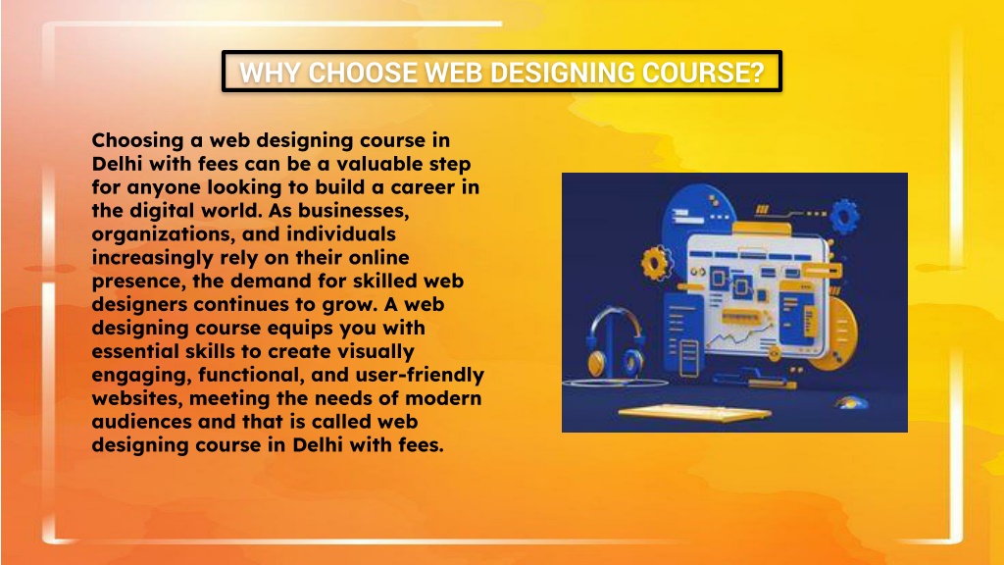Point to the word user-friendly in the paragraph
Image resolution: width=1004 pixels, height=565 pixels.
(x=424, y=375)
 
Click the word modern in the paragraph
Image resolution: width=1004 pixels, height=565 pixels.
(x=448, y=398)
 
